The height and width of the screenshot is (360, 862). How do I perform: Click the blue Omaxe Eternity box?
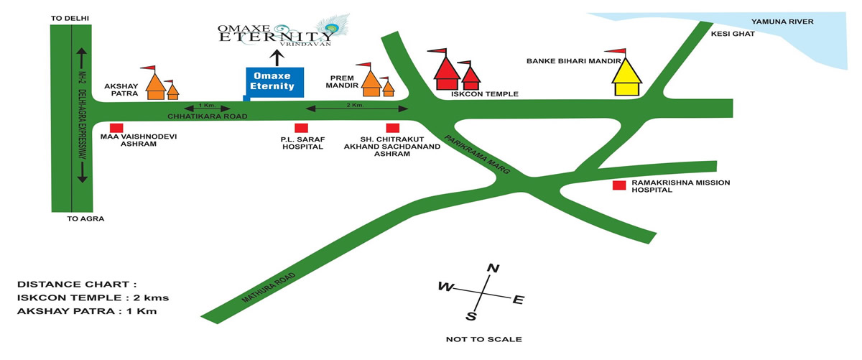point(274,83)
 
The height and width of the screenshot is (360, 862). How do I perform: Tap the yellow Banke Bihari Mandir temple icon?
point(626,77)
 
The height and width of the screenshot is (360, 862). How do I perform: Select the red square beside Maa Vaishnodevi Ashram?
point(116,128)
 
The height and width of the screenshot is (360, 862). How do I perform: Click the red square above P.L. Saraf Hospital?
point(301,128)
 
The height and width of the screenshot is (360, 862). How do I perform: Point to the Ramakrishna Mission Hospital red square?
point(619,185)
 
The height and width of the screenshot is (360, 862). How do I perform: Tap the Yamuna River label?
point(782,22)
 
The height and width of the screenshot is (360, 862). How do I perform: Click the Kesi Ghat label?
point(733,34)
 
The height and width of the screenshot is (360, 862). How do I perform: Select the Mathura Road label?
point(269,287)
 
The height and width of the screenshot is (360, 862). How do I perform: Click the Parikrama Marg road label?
point(477,154)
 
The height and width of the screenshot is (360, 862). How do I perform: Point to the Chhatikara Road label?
point(208,116)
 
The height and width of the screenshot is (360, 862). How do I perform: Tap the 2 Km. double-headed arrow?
point(357,109)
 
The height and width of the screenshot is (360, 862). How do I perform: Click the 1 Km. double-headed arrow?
point(207,109)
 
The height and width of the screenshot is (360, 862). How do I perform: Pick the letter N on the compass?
point(493,268)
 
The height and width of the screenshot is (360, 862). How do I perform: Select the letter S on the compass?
point(471,316)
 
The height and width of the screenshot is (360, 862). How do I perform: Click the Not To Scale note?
point(483,339)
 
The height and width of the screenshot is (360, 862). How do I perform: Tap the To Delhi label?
point(70,19)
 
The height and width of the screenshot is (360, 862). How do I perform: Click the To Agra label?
point(85,218)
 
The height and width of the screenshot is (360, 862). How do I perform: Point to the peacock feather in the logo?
point(333,26)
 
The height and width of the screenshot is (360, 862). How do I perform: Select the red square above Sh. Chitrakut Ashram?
point(393,128)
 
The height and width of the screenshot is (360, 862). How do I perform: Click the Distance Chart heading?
point(77,285)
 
